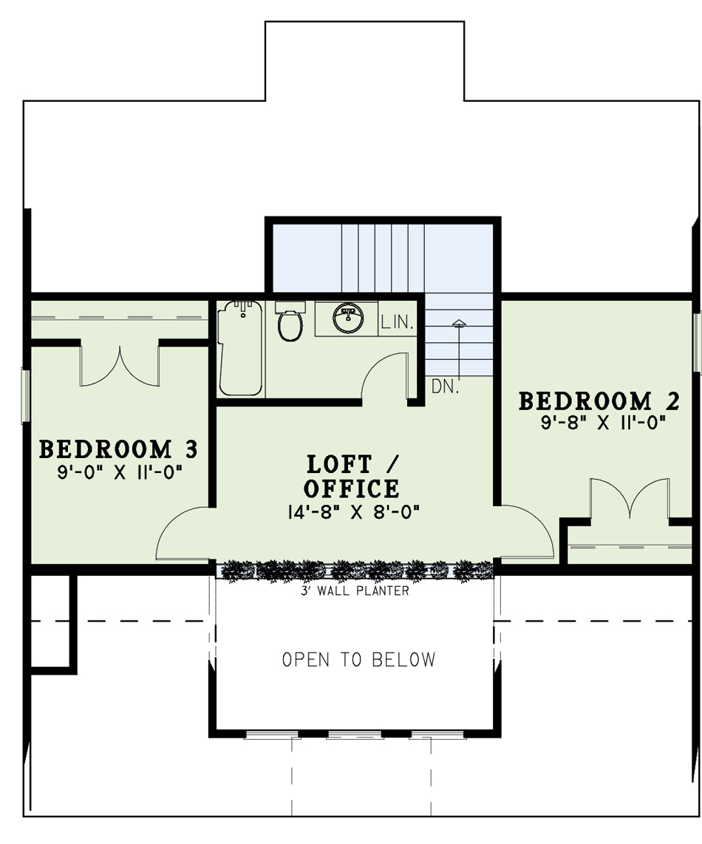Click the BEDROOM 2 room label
(599, 401)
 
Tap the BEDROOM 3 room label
(118, 449)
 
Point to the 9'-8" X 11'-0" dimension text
(604, 423)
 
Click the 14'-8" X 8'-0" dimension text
(354, 512)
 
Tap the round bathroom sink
(348, 318)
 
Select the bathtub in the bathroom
(241, 347)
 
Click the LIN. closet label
(398, 322)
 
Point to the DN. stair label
(445, 387)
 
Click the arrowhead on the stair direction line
(459, 323)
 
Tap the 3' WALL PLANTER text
(355, 591)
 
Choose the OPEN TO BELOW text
(359, 659)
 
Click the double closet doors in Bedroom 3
(120, 372)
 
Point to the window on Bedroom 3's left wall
(25, 395)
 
